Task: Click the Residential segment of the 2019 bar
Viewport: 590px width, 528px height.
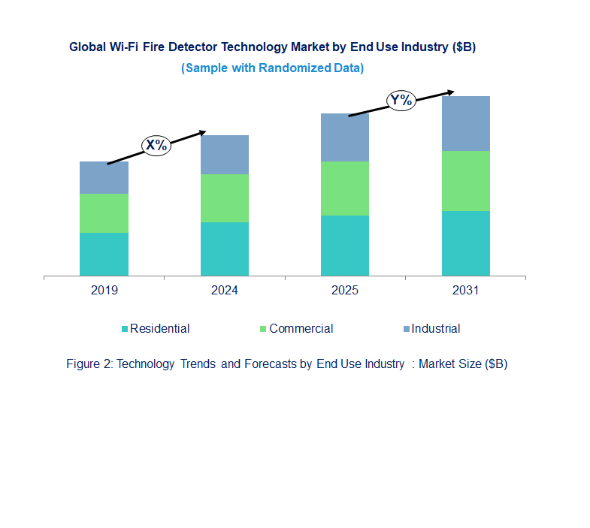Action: click(x=104, y=254)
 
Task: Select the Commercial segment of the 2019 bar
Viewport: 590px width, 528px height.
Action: click(x=104, y=213)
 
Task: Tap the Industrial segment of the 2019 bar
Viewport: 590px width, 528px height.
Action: click(x=104, y=177)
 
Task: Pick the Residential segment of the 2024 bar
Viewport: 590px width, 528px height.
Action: click(x=224, y=249)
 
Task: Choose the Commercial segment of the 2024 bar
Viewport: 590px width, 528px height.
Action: click(x=224, y=198)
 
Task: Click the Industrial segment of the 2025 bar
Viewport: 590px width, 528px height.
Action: click(x=345, y=137)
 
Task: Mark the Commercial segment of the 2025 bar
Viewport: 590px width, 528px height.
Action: click(x=345, y=189)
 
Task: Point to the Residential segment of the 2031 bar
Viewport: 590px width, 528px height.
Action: click(x=465, y=243)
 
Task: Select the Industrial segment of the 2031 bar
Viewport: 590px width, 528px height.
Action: click(x=465, y=123)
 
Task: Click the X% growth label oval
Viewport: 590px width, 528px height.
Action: click(x=156, y=145)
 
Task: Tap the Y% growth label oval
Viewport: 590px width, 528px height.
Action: click(x=401, y=100)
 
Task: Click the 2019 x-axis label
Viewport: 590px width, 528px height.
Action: click(x=104, y=291)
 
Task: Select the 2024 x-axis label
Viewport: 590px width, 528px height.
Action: click(x=224, y=291)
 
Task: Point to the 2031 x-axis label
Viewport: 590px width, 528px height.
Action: click(x=465, y=291)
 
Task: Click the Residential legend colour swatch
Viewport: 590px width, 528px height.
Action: click(x=125, y=329)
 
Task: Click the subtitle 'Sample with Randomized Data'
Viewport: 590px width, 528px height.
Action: click(x=272, y=68)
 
